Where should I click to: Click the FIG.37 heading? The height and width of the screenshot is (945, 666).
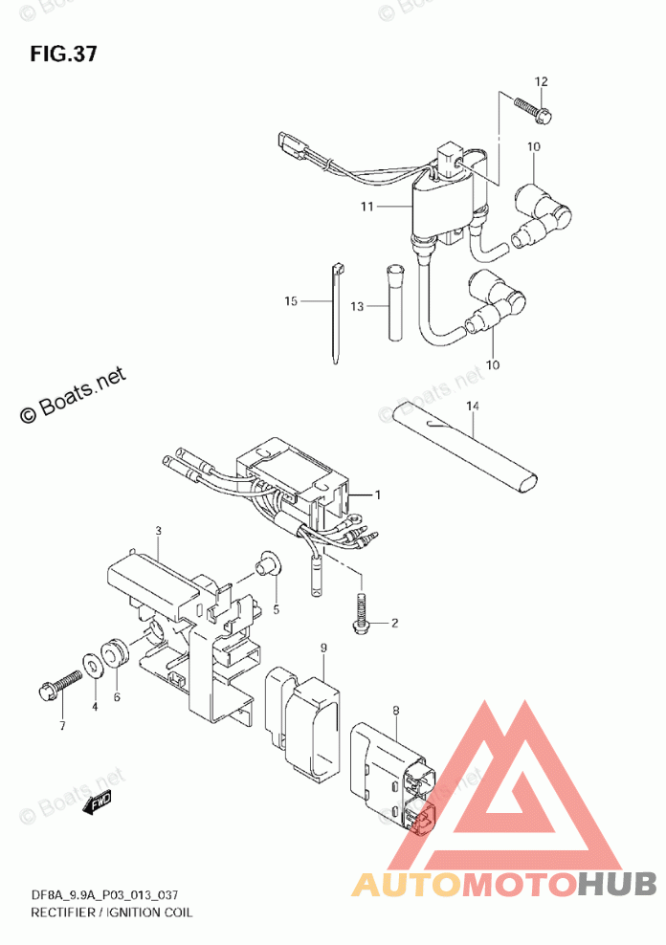pos(63,54)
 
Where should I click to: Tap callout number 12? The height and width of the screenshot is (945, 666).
pos(541,82)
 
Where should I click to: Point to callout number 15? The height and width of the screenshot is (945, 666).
pos(291,301)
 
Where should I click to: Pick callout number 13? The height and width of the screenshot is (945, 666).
pos(357,306)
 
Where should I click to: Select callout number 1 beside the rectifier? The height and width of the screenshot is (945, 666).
pos(377,494)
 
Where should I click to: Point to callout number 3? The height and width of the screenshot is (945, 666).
pos(159,530)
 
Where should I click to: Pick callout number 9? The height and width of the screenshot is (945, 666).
pos(323,648)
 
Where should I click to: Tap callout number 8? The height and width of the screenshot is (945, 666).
pos(394,710)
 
